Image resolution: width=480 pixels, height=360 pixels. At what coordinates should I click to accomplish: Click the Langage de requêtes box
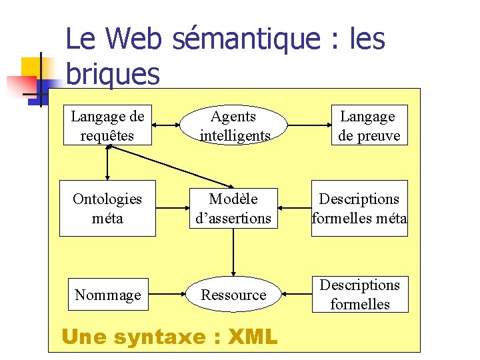click(107, 125)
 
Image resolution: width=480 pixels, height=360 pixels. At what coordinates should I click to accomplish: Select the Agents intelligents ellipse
click(233, 125)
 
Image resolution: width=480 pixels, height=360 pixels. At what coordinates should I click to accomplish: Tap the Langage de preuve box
click(367, 125)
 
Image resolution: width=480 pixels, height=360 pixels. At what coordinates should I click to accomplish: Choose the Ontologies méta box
click(107, 208)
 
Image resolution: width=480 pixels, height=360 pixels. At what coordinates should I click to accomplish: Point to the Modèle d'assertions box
click(233, 208)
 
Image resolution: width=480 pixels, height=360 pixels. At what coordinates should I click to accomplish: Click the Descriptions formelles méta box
click(359, 208)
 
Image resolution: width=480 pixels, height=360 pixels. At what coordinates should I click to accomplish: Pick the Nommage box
click(107, 295)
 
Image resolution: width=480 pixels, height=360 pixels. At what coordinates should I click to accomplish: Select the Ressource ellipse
click(233, 295)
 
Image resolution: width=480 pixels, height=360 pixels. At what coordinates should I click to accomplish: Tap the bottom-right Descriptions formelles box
click(359, 295)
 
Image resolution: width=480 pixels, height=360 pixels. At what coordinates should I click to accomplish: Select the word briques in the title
click(113, 74)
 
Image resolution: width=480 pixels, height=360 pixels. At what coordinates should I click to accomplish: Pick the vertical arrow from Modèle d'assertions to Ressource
click(233, 256)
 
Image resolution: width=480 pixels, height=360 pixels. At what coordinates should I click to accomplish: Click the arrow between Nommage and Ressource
click(166, 295)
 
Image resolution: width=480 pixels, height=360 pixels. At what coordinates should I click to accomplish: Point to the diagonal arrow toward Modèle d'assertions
click(170, 167)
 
